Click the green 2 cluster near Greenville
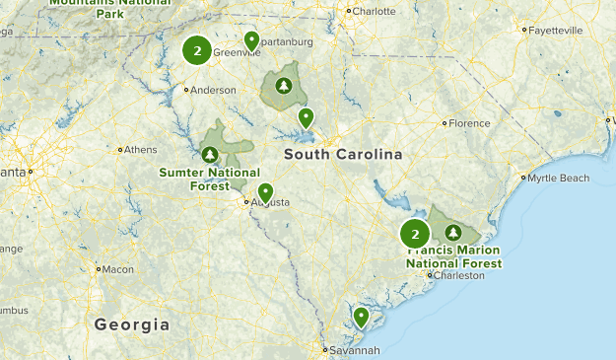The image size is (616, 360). tap(198, 50)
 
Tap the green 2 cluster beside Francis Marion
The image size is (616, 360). tap(415, 234)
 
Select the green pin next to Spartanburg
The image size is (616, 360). tap(251, 40)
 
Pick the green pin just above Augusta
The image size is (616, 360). tap(265, 191)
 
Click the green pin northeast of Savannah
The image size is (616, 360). tap(362, 316)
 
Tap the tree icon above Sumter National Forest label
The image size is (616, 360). tap(210, 154)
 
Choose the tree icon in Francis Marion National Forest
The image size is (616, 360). tap(452, 233)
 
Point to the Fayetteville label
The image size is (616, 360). tap(555, 31)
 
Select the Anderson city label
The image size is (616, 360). tap(214, 90)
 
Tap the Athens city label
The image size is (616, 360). tap(140, 150)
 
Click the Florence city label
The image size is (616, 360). tap(469, 123)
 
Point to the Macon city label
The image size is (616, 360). tap(118, 268)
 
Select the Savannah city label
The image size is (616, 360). tap(355, 350)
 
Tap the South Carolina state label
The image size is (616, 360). tap(343, 155)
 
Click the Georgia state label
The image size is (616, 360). tap(132, 324)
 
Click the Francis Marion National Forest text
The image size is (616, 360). tap(455, 257)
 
